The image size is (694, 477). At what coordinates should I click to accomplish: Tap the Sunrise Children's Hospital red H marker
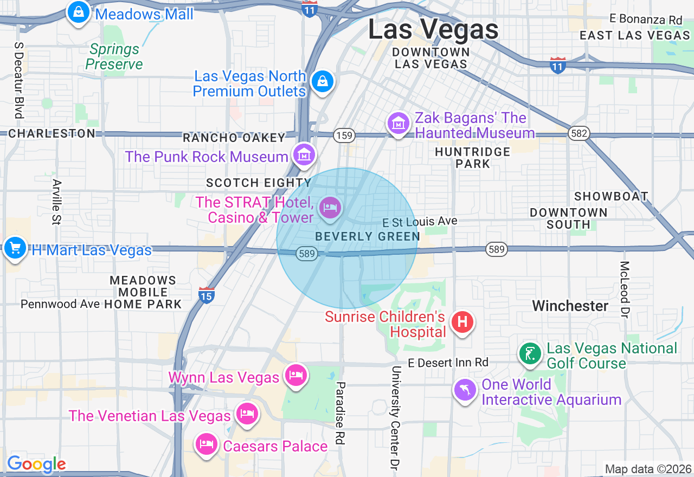[x=462, y=322]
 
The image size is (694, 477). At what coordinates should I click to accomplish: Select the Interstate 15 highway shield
[x=206, y=295]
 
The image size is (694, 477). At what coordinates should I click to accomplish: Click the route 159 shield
[x=344, y=135]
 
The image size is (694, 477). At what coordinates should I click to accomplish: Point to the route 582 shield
[x=579, y=133]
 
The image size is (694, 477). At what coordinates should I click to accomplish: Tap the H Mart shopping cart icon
[x=15, y=248]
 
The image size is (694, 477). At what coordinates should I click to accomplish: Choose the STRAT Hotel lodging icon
[x=330, y=208]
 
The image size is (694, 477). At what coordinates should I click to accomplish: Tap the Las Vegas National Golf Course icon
[x=530, y=354]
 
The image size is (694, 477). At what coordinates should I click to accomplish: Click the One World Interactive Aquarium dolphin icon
[x=465, y=390]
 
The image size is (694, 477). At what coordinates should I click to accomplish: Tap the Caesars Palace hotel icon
[x=206, y=444]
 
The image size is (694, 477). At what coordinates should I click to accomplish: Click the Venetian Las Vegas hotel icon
[x=247, y=414]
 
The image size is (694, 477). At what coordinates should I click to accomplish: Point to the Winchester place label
[x=570, y=306]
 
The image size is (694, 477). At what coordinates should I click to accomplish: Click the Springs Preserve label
[x=114, y=57]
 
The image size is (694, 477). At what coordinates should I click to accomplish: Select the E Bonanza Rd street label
[x=645, y=19]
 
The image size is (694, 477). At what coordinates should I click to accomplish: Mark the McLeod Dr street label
[x=625, y=289]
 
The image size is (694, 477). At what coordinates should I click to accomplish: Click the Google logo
[x=36, y=464]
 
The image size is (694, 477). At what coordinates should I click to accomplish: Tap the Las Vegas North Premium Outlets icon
[x=323, y=82]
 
